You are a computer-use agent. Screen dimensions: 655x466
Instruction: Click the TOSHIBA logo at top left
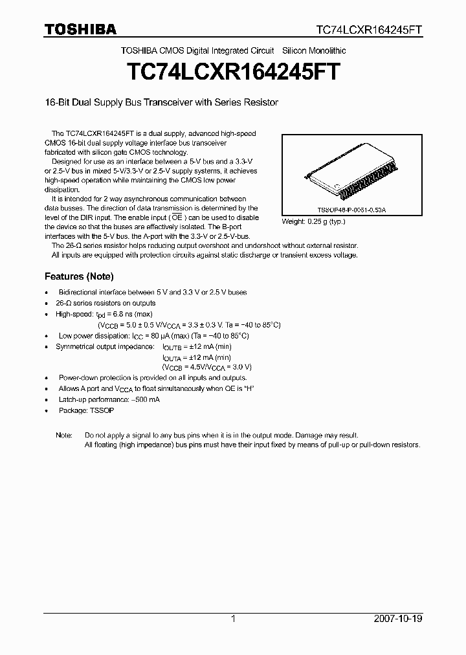[80, 29]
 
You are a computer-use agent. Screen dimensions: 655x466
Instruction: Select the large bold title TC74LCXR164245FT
[233, 70]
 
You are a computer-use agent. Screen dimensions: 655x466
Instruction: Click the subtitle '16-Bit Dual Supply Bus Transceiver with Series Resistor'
[161, 103]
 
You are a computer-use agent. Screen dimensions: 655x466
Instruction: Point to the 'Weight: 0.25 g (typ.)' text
[313, 221]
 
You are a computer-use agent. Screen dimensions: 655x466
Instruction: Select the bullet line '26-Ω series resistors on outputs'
[107, 303]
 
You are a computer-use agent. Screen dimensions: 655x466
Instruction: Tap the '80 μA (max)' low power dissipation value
[170, 336]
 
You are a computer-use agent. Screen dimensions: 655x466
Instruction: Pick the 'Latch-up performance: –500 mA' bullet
[109, 399]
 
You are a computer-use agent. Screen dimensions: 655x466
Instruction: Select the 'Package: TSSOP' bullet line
[86, 410]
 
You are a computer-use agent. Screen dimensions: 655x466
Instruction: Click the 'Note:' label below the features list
[64, 435]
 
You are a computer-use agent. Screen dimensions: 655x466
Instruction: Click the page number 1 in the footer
[233, 619]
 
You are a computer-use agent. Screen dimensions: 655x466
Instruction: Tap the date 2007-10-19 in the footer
[399, 619]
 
